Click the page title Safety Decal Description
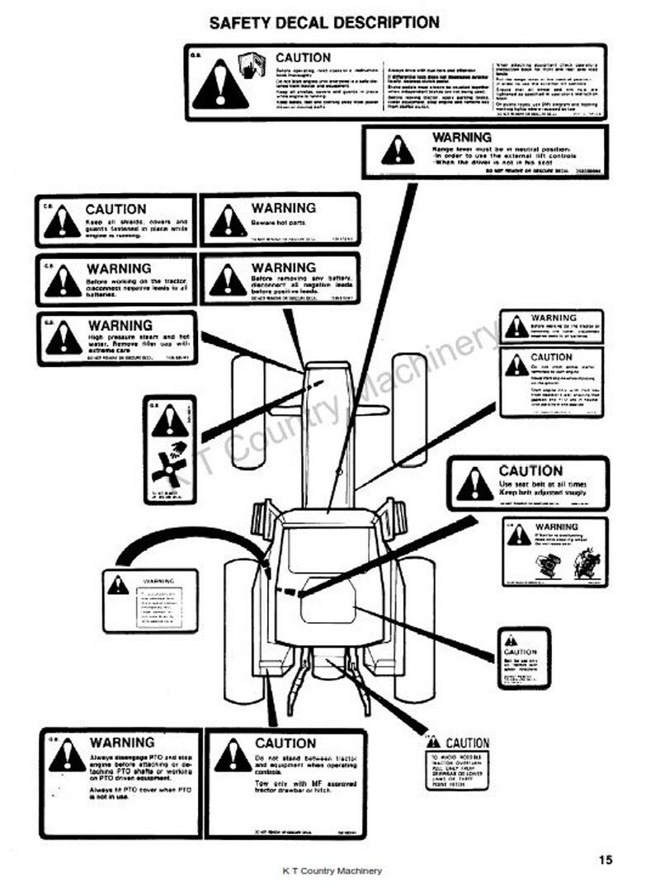tap(324, 22)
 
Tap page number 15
tap(606, 860)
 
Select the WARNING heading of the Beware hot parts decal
tap(284, 208)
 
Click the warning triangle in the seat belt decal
tap(475, 484)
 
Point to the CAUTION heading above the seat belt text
tap(530, 471)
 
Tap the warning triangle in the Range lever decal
tap(398, 151)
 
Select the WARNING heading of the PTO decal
tap(121, 743)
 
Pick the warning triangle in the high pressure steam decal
tap(64, 339)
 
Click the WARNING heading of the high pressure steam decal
tap(120, 326)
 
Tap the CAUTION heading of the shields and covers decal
tap(115, 210)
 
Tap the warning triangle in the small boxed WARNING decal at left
tap(117, 586)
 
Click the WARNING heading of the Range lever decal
tap(462, 137)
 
